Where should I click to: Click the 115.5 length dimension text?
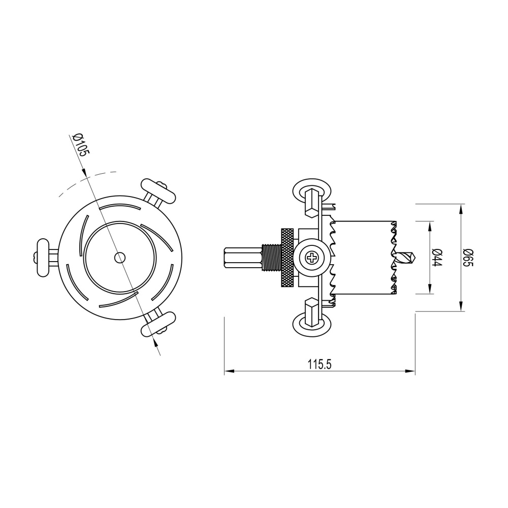(320, 364)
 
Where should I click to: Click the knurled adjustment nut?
(287, 258)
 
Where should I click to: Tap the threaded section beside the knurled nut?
(269, 258)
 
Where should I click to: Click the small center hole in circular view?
(119, 258)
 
